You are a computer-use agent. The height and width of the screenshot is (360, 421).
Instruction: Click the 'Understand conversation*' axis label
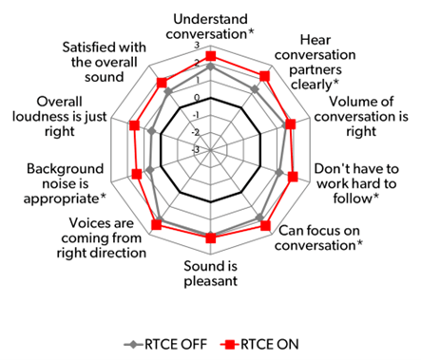coord(211,26)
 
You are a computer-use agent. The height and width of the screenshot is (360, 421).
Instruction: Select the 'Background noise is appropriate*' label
coord(65,183)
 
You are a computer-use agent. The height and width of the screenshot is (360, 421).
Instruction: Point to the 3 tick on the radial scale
coord(198,46)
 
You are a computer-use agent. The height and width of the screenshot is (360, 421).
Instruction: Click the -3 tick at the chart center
coord(198,149)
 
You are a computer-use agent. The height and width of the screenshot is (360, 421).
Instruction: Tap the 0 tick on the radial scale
coord(198,98)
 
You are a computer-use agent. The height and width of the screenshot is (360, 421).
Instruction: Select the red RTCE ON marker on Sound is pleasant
coord(210,237)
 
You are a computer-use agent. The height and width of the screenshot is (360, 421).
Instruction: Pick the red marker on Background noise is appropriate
coord(137,173)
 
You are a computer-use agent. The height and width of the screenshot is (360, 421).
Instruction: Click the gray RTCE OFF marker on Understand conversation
coord(210,67)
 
